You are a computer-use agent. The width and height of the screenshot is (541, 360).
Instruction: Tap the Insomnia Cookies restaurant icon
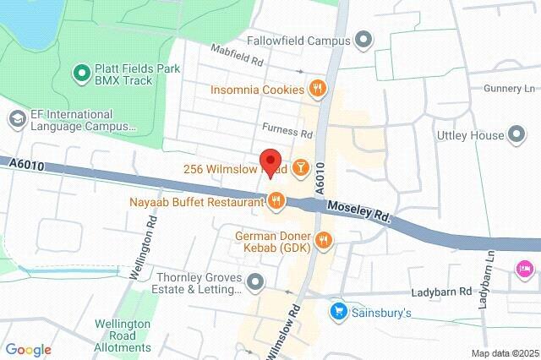click(317, 86)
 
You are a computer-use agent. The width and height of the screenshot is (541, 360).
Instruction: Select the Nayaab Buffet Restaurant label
click(196, 202)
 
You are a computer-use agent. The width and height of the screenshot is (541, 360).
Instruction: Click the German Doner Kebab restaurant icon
click(322, 242)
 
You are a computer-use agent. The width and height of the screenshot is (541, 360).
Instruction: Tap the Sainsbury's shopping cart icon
click(339, 312)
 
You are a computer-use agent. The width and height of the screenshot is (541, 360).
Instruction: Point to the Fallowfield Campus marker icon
click(364, 40)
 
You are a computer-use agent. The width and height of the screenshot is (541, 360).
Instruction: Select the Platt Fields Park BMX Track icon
click(82, 74)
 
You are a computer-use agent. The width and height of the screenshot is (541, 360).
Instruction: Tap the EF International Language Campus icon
click(16, 119)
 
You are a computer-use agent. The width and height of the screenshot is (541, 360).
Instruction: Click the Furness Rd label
click(287, 133)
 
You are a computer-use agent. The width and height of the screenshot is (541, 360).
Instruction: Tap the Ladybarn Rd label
click(440, 292)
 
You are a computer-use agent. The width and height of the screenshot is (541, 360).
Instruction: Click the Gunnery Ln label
click(510, 88)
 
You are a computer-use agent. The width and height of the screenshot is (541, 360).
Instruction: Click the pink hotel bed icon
click(524, 269)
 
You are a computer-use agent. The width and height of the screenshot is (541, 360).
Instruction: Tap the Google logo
click(28, 349)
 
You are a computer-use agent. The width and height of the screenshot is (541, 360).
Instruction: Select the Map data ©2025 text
click(504, 353)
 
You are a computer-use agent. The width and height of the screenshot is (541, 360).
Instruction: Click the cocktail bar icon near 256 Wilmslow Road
click(300, 169)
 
